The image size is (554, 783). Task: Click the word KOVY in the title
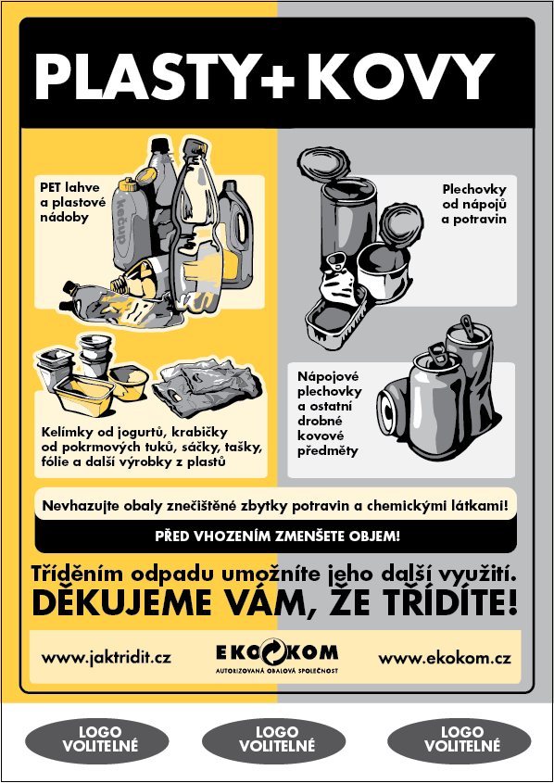point(400,76)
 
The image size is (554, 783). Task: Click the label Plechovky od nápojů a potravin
point(473,204)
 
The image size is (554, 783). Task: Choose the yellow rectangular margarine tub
point(84,393)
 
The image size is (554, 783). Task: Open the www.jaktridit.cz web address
point(107,657)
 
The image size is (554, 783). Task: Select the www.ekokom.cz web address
point(444,658)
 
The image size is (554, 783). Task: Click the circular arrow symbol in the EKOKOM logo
point(271,650)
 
